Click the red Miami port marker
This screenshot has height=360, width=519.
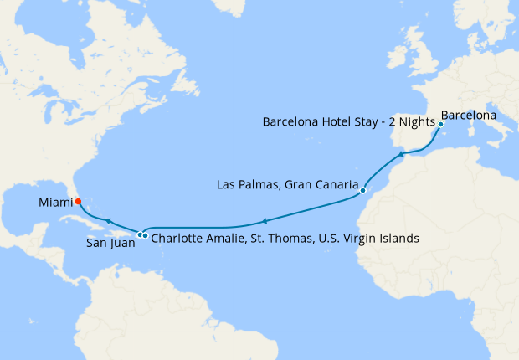(x=77, y=201)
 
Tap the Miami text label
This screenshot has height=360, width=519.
(x=54, y=202)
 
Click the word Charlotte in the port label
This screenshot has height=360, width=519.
(x=177, y=239)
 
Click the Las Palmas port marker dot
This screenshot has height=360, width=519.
(x=362, y=191)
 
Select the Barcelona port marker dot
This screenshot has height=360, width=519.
(x=440, y=124)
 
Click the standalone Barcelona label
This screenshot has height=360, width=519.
(x=468, y=114)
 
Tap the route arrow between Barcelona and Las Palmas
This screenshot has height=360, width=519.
(x=402, y=154)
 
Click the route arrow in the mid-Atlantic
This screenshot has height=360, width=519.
(x=264, y=222)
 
